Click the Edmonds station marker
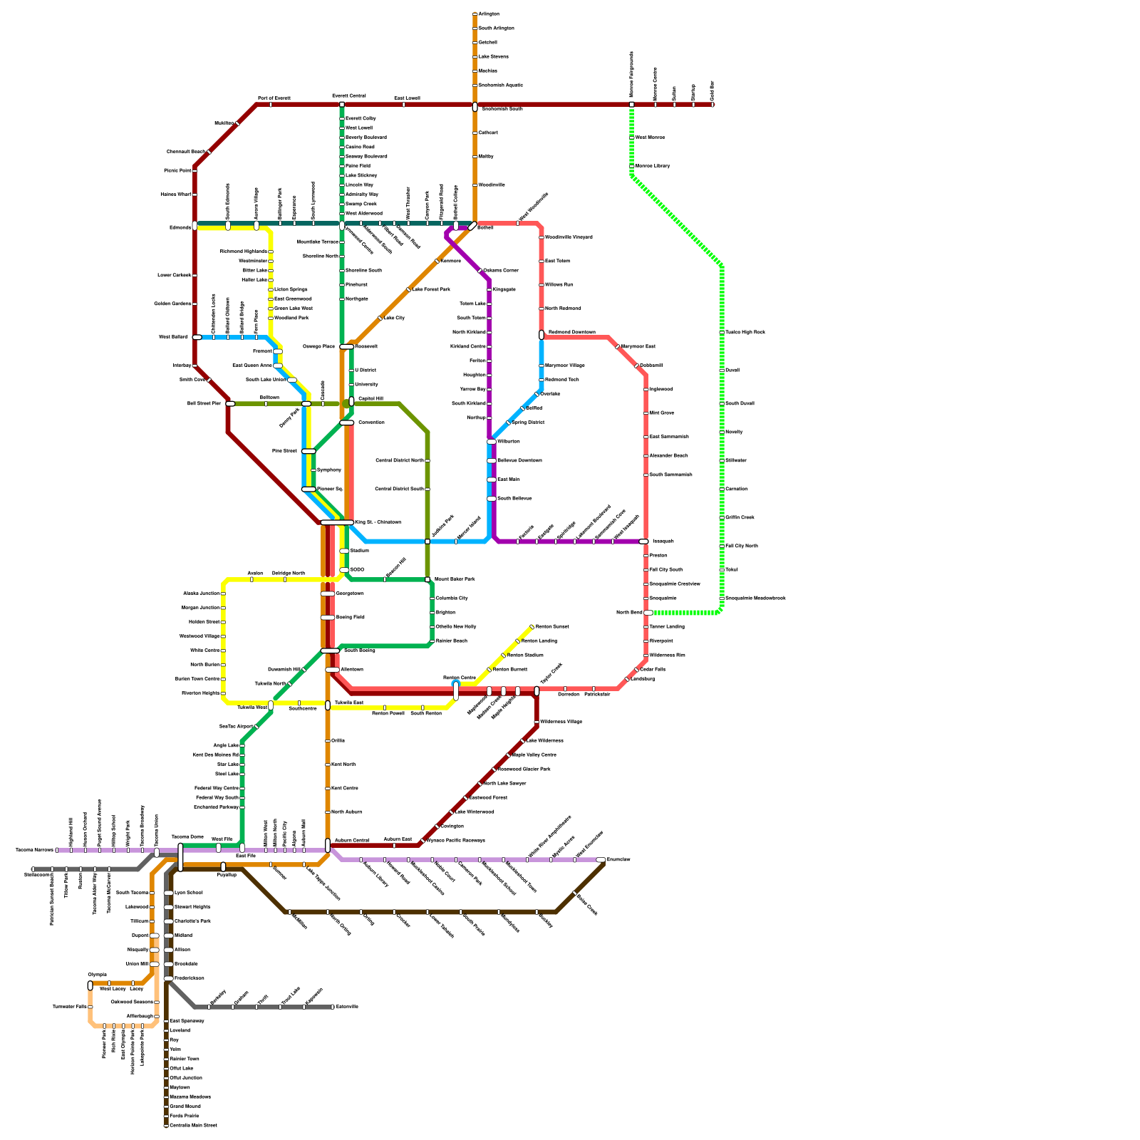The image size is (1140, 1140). [195, 227]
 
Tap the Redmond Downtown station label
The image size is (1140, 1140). [571, 333]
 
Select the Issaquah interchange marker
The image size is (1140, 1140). [644, 541]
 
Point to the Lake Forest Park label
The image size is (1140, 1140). [430, 290]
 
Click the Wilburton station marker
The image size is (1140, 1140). [492, 442]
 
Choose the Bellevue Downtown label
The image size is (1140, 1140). [519, 461]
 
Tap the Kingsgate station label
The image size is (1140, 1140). [504, 290]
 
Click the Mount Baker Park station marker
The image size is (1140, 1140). [427, 579]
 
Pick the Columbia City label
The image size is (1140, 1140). [452, 598]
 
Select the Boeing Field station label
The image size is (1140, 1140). [350, 618]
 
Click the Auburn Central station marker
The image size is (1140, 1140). [328, 845]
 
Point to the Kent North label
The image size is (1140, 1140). [343, 765]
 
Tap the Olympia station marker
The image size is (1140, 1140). [90, 985]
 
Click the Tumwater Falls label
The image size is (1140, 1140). [69, 1007]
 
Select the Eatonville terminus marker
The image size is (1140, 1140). [333, 1007]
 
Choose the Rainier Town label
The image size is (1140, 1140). [185, 1059]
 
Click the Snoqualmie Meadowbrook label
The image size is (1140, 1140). [755, 598]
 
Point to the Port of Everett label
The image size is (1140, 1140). [274, 98]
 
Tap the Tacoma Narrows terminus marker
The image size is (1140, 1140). [57, 850]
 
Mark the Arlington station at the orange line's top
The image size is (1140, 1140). [475, 14]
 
